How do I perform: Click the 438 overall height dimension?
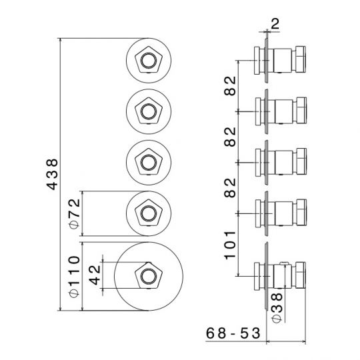tap(52, 174)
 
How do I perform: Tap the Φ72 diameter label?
tap(74, 214)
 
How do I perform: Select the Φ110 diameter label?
tap(74, 277)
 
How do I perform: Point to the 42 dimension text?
tap(95, 275)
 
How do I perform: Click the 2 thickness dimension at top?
tap(275, 23)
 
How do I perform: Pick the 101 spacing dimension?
tap(230, 245)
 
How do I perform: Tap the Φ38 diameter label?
tap(277, 308)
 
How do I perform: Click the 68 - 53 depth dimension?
tap(233, 333)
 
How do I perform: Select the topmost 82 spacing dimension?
tap(230, 85)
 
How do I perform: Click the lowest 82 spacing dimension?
tap(230, 188)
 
